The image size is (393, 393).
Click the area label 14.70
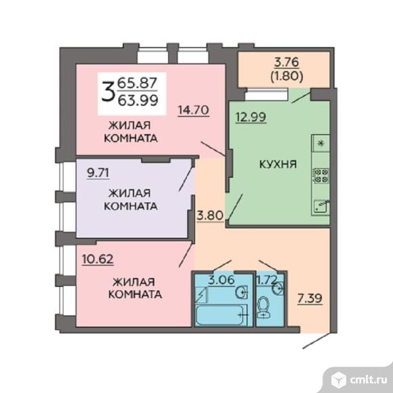click(193, 110)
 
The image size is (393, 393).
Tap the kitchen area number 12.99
click(251, 117)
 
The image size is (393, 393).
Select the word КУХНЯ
click(278, 164)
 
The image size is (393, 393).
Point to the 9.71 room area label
click(98, 173)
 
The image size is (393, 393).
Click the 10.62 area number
click(98, 259)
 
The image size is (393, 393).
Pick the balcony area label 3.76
click(287, 62)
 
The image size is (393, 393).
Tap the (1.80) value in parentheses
click(287, 76)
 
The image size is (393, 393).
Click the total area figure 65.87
click(138, 83)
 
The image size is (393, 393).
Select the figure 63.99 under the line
click(138, 100)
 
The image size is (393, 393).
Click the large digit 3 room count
click(108, 91)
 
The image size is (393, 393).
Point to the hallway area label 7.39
click(310, 299)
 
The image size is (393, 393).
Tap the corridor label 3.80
click(210, 215)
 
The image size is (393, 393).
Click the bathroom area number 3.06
click(222, 280)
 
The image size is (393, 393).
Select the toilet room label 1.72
click(266, 280)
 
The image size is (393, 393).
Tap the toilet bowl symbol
click(263, 307)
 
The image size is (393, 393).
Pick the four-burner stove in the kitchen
click(320, 175)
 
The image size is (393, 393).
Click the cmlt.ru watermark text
click(368, 380)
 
